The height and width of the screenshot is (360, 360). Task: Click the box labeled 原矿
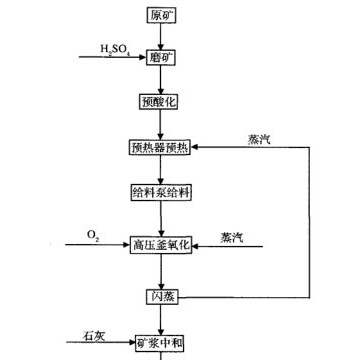coord(160,17)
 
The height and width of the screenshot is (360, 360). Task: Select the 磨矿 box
coord(160,57)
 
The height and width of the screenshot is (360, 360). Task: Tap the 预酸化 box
coord(160,101)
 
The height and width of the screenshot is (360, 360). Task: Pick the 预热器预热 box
coord(160,147)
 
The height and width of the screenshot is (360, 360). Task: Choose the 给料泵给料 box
coord(160,192)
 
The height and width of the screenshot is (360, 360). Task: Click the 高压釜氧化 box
coord(160,243)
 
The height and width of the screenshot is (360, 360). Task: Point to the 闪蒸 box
coord(160,297)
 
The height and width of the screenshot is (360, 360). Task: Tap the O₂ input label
coord(93,235)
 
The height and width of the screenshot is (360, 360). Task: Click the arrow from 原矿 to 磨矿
coord(160,37)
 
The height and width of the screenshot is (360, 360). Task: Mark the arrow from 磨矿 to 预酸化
coord(160,79)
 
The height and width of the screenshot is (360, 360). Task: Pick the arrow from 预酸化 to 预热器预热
coord(160,124)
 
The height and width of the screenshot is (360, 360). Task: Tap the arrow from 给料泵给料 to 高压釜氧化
coord(160,217)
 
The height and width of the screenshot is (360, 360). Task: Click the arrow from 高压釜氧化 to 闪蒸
coord(160,270)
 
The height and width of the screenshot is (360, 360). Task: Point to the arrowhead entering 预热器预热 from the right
coord(199,147)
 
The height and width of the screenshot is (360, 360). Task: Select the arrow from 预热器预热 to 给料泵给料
coord(160,170)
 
